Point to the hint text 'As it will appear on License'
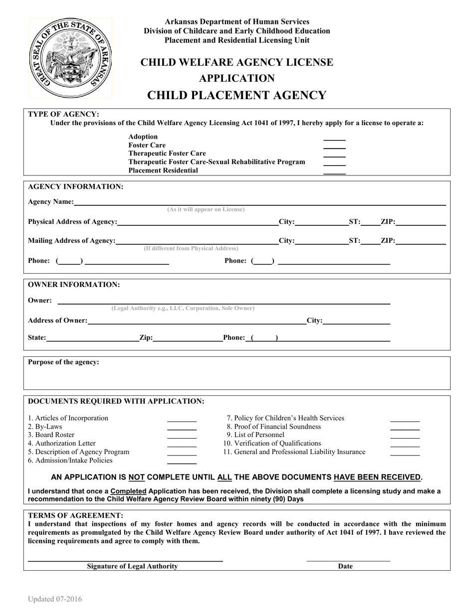206,210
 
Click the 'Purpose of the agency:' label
63,362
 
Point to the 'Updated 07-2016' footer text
55,600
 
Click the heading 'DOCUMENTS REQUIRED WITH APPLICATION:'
116,401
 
